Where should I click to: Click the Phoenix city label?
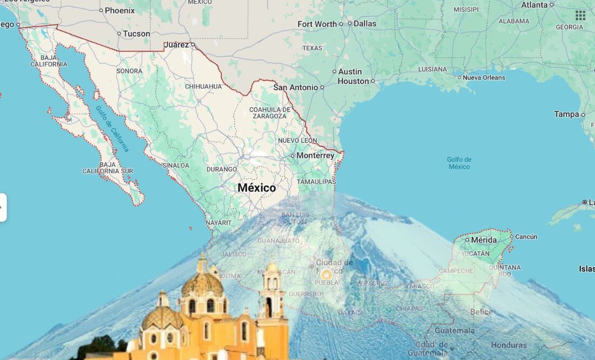[120, 10]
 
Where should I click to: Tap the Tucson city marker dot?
[119, 34]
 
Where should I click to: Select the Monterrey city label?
[316, 156]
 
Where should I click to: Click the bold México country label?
[257, 188]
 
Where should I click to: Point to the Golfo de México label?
[459, 163]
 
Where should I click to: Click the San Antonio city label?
[295, 87]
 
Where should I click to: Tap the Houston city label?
[353, 81]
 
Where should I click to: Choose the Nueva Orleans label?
[484, 77]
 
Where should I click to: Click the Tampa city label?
[566, 114]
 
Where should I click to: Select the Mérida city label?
[484, 239]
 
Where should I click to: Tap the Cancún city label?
[526, 237]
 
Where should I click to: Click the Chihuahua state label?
[203, 86]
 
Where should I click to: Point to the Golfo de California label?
[113, 128]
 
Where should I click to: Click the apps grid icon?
[580, 15]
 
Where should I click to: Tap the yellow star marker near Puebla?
[326, 275]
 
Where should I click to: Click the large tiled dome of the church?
[203, 284]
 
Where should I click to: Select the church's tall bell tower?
[272, 303]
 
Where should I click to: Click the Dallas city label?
[365, 23]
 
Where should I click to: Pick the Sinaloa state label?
[176, 165]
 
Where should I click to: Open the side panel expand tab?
[3, 208]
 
